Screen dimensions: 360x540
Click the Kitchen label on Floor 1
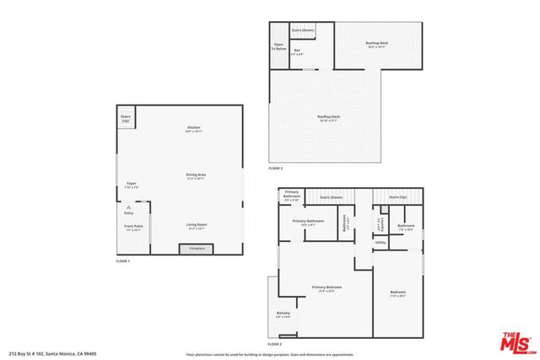193,129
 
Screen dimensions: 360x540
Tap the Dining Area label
196,176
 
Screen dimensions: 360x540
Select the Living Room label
196,225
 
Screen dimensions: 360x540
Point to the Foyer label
132,185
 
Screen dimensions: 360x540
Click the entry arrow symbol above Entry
128,205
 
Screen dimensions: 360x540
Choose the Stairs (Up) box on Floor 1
126,119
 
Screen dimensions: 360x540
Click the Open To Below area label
278,47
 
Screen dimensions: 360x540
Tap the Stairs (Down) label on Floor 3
303,30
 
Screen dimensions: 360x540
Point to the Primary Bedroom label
324,288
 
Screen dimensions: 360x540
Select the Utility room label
381,242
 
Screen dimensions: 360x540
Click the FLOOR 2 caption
275,344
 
